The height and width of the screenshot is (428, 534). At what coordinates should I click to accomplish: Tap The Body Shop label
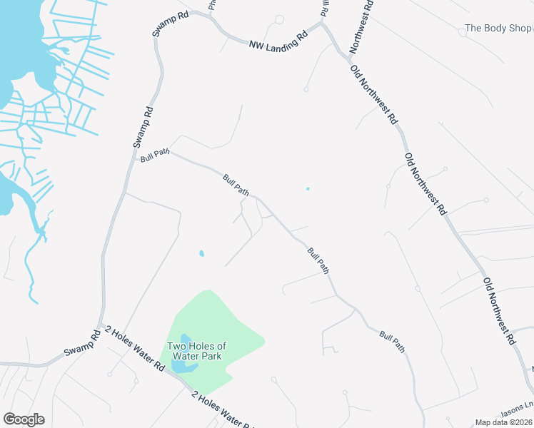point(498,29)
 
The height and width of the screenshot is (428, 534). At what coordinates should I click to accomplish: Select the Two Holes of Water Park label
point(196,351)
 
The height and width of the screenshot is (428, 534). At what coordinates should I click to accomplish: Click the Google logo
point(24,419)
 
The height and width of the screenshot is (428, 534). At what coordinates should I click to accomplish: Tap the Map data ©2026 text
point(503,422)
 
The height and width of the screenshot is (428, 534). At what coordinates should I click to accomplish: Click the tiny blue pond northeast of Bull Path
point(308,189)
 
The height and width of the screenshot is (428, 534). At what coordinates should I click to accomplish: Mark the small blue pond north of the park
point(201,253)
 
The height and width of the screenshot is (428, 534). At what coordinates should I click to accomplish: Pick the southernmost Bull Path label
point(393,342)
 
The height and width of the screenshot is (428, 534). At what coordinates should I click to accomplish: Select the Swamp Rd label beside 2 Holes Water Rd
point(82,345)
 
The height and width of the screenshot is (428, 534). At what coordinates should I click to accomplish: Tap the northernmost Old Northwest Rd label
point(373,94)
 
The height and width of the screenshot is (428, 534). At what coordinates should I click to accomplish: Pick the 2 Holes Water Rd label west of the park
point(135,349)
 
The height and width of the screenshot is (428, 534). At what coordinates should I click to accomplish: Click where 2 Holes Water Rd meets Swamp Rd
point(101,327)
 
